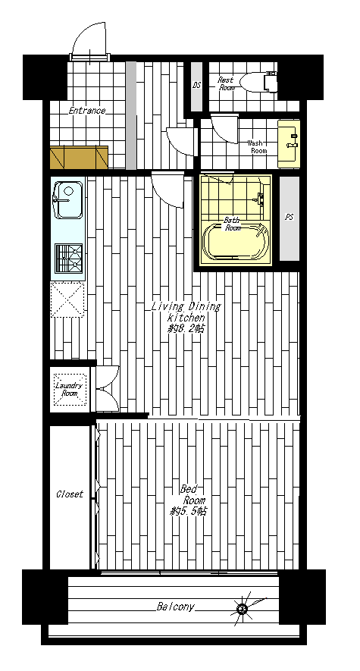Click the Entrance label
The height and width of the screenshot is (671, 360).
[87, 111]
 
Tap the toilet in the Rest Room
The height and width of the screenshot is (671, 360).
[258, 82]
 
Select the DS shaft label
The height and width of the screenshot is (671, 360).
[196, 85]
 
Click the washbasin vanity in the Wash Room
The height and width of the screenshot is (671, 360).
[289, 144]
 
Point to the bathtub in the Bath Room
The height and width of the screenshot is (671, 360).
[236, 241]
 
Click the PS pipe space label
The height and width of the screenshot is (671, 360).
[289, 217]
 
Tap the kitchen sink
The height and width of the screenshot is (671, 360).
[67, 200]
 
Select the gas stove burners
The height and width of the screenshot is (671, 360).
[68, 258]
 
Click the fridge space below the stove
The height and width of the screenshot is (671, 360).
[67, 299]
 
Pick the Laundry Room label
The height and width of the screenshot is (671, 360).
[69, 389]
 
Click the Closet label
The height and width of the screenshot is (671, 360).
[70, 494]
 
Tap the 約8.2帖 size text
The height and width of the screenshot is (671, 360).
[186, 329]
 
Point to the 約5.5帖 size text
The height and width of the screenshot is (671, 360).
[189, 511]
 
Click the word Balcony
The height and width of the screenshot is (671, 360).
[175, 607]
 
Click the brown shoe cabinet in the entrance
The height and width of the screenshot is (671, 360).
[79, 158]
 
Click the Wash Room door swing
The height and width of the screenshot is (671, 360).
[224, 128]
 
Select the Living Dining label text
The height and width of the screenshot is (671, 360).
[186, 307]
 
